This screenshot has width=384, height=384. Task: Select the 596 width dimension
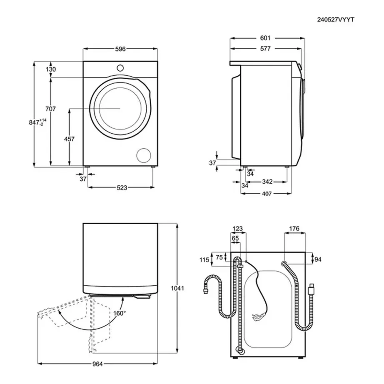tap(120, 49)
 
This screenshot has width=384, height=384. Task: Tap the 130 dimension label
tap(50, 70)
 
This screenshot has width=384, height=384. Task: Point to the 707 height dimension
tap(50, 109)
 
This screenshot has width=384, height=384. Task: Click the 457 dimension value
tap(70, 139)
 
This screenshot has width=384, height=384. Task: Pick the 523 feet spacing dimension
tap(121, 188)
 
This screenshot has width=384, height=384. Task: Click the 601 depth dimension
tap(265, 38)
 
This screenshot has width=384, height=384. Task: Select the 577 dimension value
tap(265, 49)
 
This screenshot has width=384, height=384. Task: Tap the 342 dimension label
tap(267, 182)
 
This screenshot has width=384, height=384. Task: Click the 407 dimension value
tap(267, 194)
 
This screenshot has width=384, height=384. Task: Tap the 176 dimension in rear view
tap(294, 228)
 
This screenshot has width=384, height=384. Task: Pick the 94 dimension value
tap(318, 259)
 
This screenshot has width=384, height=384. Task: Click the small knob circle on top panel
tap(120, 67)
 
